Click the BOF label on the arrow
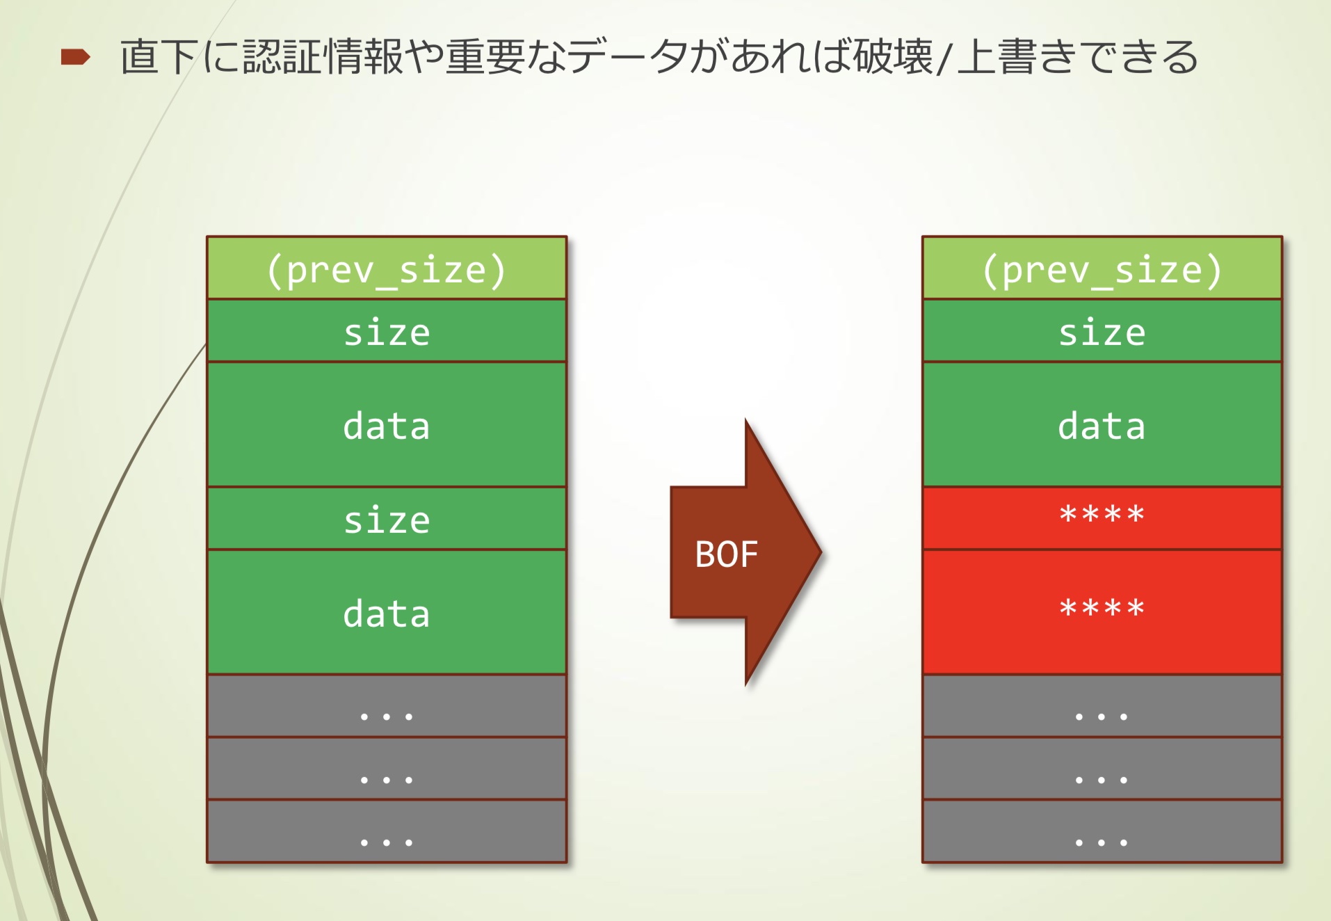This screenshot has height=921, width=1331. pyautogui.click(x=726, y=554)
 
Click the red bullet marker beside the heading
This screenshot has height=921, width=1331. pyautogui.click(x=75, y=57)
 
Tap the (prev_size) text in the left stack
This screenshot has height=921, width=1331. pyautogui.click(x=387, y=270)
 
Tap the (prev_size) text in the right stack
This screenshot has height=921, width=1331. pyautogui.click(x=1102, y=270)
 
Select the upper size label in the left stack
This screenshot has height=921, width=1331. pyautogui.click(x=387, y=333)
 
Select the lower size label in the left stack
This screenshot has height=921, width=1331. pyautogui.click(x=387, y=520)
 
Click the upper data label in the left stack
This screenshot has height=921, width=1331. pyautogui.click(x=387, y=426)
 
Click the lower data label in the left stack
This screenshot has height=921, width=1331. pyautogui.click(x=387, y=614)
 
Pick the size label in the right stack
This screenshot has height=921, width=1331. pyautogui.click(x=1102, y=333)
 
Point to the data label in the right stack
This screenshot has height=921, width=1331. pyautogui.click(x=1102, y=426)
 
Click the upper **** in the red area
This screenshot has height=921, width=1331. pyautogui.click(x=1102, y=515)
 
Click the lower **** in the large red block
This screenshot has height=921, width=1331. pyautogui.click(x=1102, y=608)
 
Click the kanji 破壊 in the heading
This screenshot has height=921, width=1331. pyautogui.click(x=893, y=57)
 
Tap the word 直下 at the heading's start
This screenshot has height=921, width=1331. pyautogui.click(x=159, y=57)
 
